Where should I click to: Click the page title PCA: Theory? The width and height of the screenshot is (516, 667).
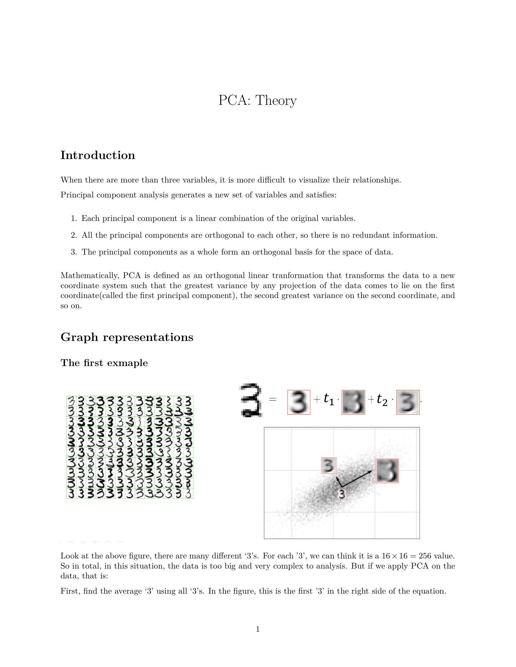tap(258, 101)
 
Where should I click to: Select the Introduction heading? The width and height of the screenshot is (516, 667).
tap(98, 155)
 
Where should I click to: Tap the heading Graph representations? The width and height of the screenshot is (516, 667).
tap(127, 337)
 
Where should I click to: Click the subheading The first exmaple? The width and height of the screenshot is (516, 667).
tap(104, 363)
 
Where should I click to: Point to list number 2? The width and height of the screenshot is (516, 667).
tap(74, 235)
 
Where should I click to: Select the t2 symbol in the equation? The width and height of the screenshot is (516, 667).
tap(382, 400)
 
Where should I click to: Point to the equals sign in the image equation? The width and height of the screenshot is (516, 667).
tap(273, 399)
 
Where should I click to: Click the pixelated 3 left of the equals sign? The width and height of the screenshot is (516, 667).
tap(251, 400)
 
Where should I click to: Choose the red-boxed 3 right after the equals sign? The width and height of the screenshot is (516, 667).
tap(299, 402)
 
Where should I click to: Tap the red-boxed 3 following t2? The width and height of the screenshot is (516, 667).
tap(408, 402)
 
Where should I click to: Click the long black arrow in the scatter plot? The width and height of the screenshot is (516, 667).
tap(357, 479)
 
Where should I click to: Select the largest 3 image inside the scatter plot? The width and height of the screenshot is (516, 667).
tap(387, 471)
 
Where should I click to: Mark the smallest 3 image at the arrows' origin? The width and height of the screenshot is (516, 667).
tap(342, 494)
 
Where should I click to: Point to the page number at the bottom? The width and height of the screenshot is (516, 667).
tap(258, 629)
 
